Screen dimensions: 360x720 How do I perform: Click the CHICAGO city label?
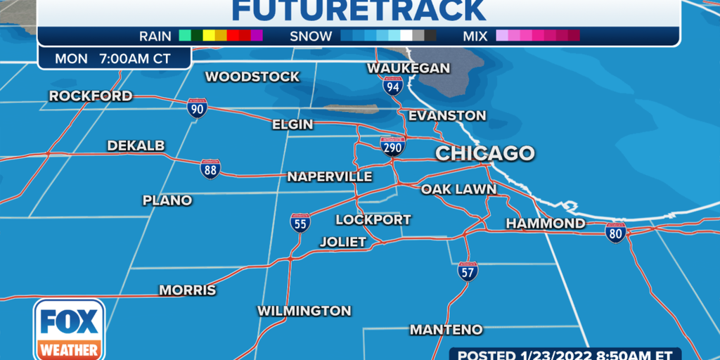tap(485, 153)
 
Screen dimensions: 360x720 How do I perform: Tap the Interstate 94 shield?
tap(393, 86)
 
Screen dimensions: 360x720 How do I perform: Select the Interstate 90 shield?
tap(197, 108)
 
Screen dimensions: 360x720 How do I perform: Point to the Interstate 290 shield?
tap(392, 146)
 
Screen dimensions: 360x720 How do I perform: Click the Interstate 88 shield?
tap(210, 168)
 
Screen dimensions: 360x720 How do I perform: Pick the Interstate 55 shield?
tap(300, 223)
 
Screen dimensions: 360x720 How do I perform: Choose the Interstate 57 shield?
tap(468, 271)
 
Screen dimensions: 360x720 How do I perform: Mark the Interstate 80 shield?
tap(615, 232)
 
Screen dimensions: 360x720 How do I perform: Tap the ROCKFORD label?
tap(91, 96)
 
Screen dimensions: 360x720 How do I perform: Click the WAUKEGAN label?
tap(409, 68)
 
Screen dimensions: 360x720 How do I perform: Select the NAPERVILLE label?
tap(329, 176)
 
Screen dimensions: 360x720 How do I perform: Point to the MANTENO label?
tap(446, 329)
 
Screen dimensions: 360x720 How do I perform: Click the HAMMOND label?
tap(545, 224)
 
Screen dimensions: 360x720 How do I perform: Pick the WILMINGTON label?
tap(304, 310)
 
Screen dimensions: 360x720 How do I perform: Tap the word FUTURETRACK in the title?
tap(359, 11)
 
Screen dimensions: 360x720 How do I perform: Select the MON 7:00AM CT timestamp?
tap(113, 59)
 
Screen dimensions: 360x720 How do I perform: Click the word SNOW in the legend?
tap(311, 36)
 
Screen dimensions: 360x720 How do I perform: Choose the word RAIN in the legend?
tap(155, 36)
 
